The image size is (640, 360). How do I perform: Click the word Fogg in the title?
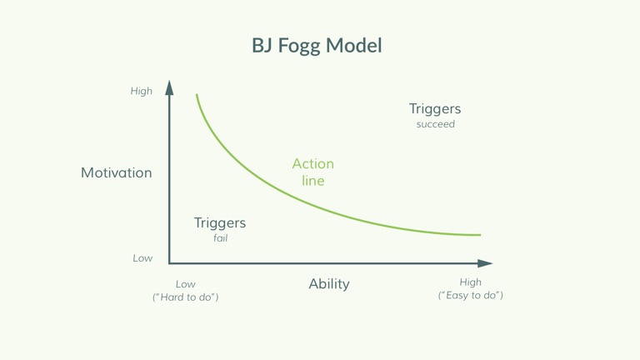[x=299, y=46]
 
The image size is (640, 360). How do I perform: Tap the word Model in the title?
[x=354, y=45]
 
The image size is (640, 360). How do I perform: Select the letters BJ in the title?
[x=262, y=45]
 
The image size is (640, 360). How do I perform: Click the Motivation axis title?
[x=117, y=172]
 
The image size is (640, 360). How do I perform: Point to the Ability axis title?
[x=329, y=284]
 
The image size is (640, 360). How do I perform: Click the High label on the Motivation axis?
[x=141, y=91]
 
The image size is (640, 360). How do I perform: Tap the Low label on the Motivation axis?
[x=142, y=258]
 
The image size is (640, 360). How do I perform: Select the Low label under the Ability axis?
[x=185, y=284]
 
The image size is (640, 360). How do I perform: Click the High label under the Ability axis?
[x=470, y=282]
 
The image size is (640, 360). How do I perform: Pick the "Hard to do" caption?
[x=185, y=297]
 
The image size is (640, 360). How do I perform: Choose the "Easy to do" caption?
[x=470, y=296]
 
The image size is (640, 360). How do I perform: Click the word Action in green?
[x=313, y=163]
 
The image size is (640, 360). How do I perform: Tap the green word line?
[x=313, y=180]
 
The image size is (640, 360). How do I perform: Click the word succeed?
[x=436, y=124]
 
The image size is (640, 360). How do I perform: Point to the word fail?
[x=220, y=238]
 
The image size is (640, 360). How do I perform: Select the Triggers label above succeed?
[x=435, y=109]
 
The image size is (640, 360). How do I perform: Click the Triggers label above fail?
[x=220, y=222]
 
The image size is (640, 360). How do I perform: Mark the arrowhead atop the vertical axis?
[x=169, y=87]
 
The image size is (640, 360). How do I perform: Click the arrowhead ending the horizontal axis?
[x=485, y=263]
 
